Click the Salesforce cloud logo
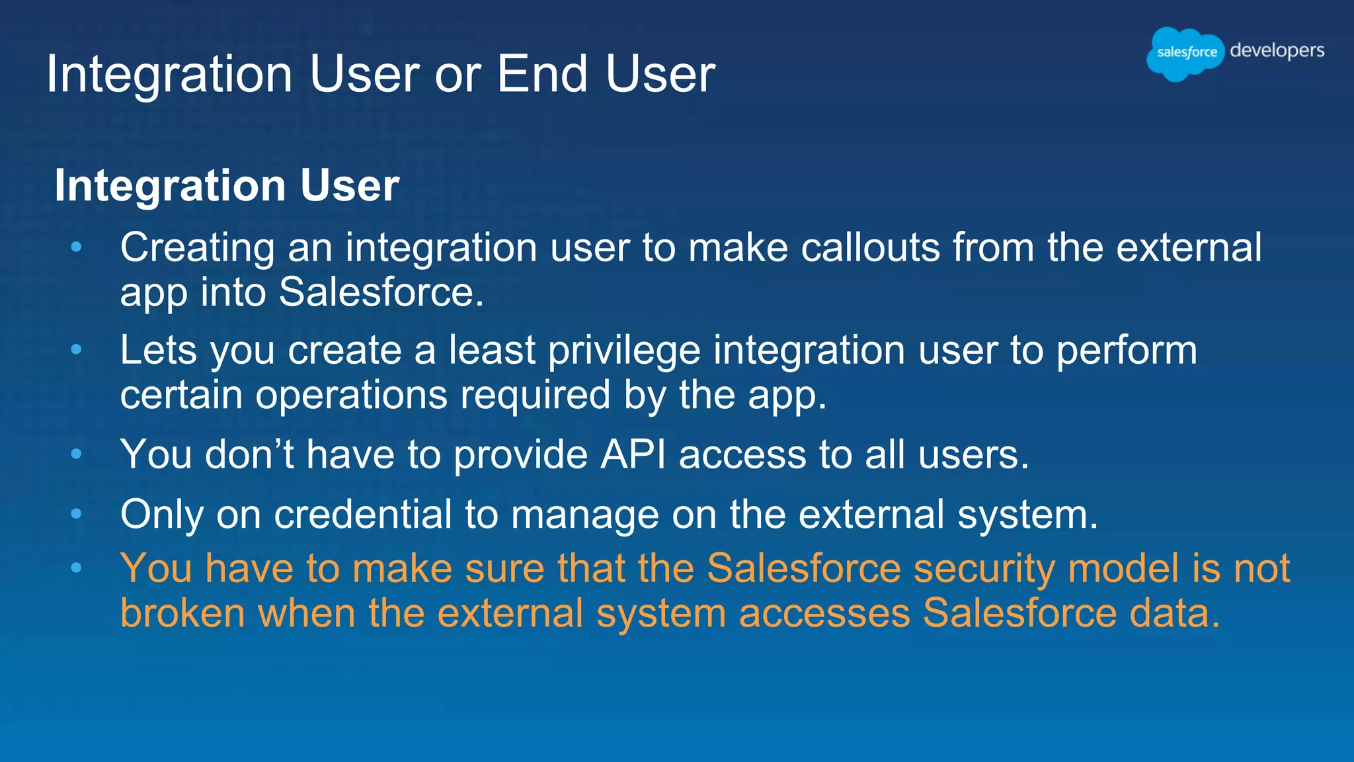click(x=1186, y=54)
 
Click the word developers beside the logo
click(x=1277, y=51)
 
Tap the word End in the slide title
click(x=541, y=74)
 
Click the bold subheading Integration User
click(x=227, y=185)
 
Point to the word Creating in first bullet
click(x=196, y=249)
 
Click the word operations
click(x=351, y=396)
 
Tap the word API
click(x=633, y=455)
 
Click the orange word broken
click(x=182, y=613)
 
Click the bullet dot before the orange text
click(x=77, y=568)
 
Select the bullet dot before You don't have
click(x=77, y=454)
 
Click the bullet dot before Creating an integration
click(x=77, y=247)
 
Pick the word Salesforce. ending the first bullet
click(x=381, y=292)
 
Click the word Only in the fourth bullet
click(x=161, y=515)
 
